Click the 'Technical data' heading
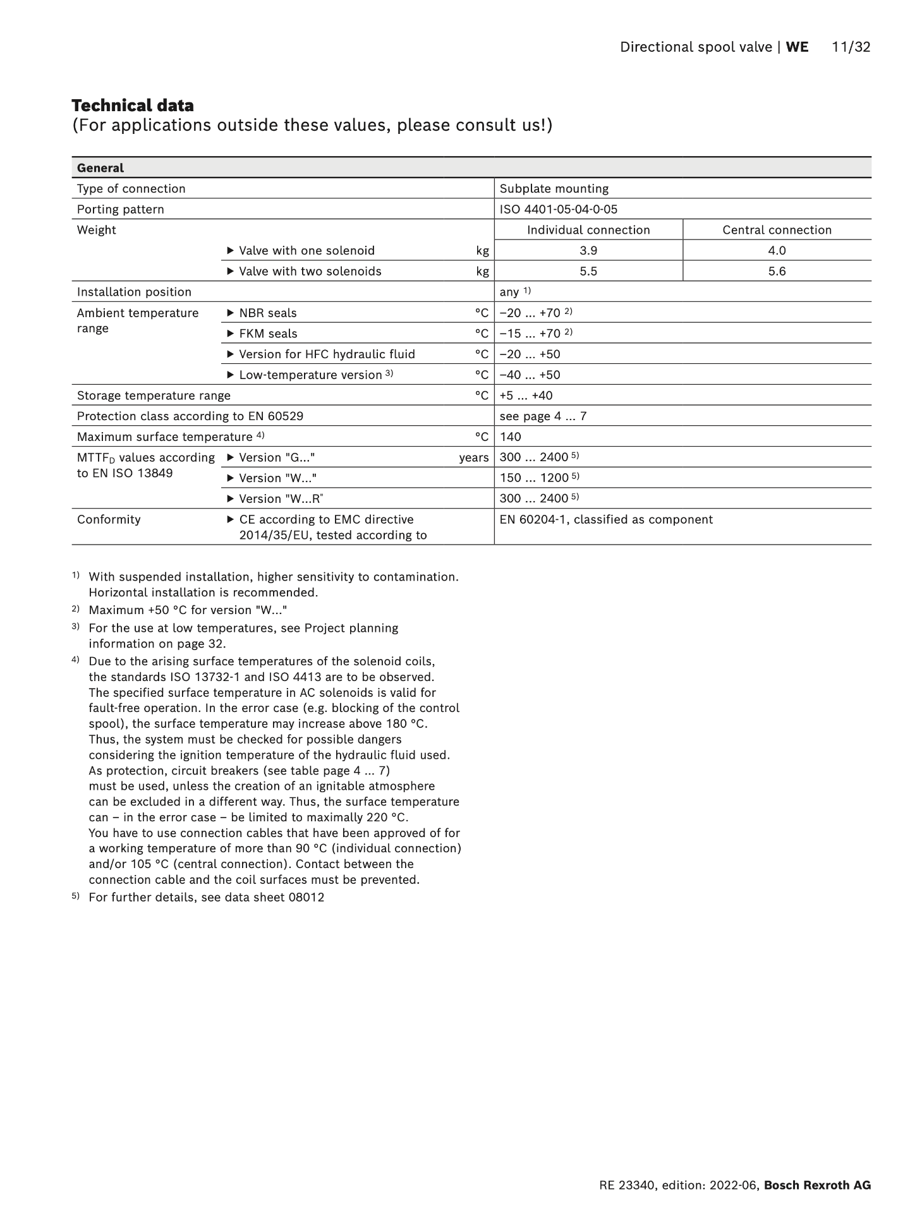coord(133,106)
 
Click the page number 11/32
coord(851,47)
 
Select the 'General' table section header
coord(100,168)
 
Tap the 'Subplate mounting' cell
coord(554,189)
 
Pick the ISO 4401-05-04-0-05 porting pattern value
coord(559,210)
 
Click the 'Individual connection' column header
coord(588,230)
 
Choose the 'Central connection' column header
coord(777,230)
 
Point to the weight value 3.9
coord(588,251)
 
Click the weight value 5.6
coord(777,272)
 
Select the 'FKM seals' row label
coord(268,334)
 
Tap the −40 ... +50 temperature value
coord(530,375)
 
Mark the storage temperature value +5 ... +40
coord(526,395)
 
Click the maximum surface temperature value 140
coord(511,437)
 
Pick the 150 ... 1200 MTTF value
coord(535,478)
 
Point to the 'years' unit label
coord(474,458)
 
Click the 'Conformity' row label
coord(109,520)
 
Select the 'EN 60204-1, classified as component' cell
coord(606,520)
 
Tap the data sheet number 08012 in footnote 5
coord(306,898)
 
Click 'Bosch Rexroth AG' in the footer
coord(817,1186)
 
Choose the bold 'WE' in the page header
coord(797,47)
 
